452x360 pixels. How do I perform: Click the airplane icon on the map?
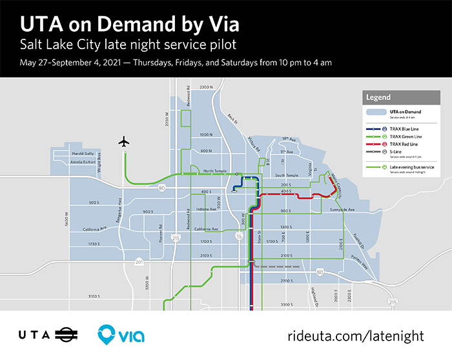pyautogui.click(x=124, y=142)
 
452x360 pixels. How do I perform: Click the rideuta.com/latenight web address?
pyautogui.click(x=356, y=335)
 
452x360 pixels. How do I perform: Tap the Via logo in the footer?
pyautogui.click(x=121, y=335)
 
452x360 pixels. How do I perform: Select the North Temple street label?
pyautogui.click(x=217, y=171)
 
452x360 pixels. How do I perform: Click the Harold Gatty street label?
pyautogui.click(x=83, y=153)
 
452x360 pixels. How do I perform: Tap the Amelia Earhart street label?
pyautogui.click(x=83, y=162)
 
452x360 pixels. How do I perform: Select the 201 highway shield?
pyautogui.click(x=139, y=262)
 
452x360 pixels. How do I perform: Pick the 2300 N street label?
pyautogui.click(x=206, y=87)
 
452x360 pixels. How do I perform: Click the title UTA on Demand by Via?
pyautogui.click(x=130, y=25)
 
